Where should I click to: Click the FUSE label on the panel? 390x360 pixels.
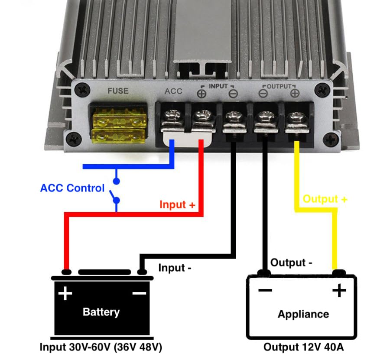pos(118,91)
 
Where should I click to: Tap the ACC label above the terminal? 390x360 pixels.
pos(174,91)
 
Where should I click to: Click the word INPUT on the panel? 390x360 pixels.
pos(218,86)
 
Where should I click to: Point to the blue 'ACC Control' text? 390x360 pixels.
pos(72,188)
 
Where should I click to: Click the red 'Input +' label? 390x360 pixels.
pos(177,204)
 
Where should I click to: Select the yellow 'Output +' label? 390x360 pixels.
pos(325,199)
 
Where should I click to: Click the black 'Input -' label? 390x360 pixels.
pos(175,268)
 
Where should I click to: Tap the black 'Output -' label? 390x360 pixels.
pos(291,263)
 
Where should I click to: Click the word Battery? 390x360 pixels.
pos(101,311)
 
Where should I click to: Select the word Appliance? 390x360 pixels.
pos(303,314)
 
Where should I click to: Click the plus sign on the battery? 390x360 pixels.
pos(65,294)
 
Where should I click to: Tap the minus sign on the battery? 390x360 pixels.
pos(139,294)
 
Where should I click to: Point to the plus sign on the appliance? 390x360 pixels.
pos(339,290)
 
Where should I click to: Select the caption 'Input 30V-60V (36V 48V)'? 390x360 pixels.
pos(101,347)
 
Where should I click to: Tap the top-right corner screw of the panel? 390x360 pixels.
pos(322,90)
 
